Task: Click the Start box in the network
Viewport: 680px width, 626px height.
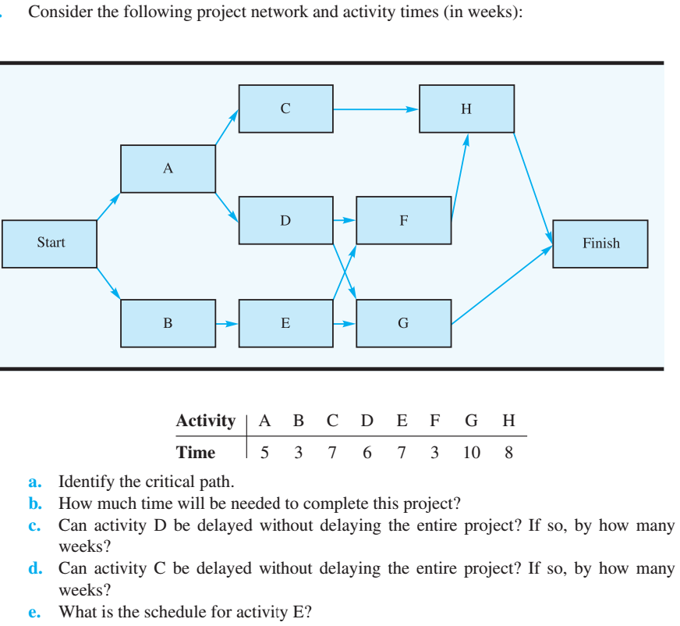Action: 50,244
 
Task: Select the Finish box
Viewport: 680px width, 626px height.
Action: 600,244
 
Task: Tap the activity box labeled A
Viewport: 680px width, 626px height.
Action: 168,169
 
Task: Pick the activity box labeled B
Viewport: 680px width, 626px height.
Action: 168,322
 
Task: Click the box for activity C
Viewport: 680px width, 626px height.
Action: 285,109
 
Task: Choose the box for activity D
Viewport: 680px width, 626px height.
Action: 285,220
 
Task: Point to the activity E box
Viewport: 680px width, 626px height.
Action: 285,322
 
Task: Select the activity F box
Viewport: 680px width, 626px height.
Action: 403,220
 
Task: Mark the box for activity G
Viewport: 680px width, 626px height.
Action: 403,322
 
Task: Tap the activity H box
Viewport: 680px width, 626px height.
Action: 466,109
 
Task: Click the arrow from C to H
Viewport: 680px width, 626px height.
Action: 376,109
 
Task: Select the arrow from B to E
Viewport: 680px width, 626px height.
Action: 227,322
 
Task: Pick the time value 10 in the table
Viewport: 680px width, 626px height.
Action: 472,453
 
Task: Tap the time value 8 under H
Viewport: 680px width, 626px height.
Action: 508,453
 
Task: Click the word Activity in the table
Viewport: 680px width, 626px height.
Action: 206,421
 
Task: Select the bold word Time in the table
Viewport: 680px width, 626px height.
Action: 196,453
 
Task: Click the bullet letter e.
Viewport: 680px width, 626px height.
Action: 34,612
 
